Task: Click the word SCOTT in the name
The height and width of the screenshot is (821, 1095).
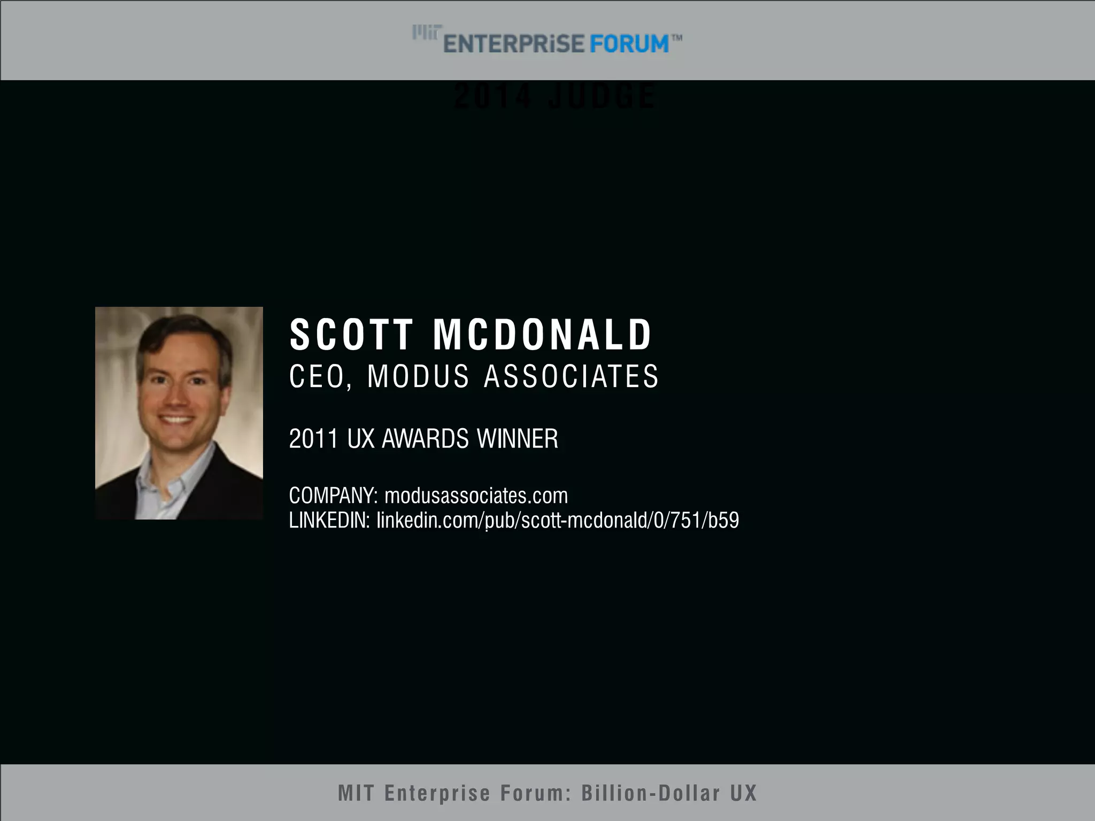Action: [x=351, y=335]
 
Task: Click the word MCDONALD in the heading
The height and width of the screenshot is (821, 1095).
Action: [x=542, y=335]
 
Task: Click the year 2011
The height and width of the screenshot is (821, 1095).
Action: [x=313, y=439]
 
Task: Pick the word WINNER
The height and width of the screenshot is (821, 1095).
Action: [x=518, y=439]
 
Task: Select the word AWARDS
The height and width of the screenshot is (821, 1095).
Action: [x=425, y=439]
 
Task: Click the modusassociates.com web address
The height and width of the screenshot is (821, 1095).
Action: [x=476, y=496]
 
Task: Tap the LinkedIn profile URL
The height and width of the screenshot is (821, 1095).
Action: [x=558, y=520]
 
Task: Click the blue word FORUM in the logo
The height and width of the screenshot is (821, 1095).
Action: [x=629, y=44]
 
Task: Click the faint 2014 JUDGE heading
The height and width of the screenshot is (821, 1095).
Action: [x=554, y=96]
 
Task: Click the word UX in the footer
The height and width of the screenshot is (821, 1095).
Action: [x=744, y=793]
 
